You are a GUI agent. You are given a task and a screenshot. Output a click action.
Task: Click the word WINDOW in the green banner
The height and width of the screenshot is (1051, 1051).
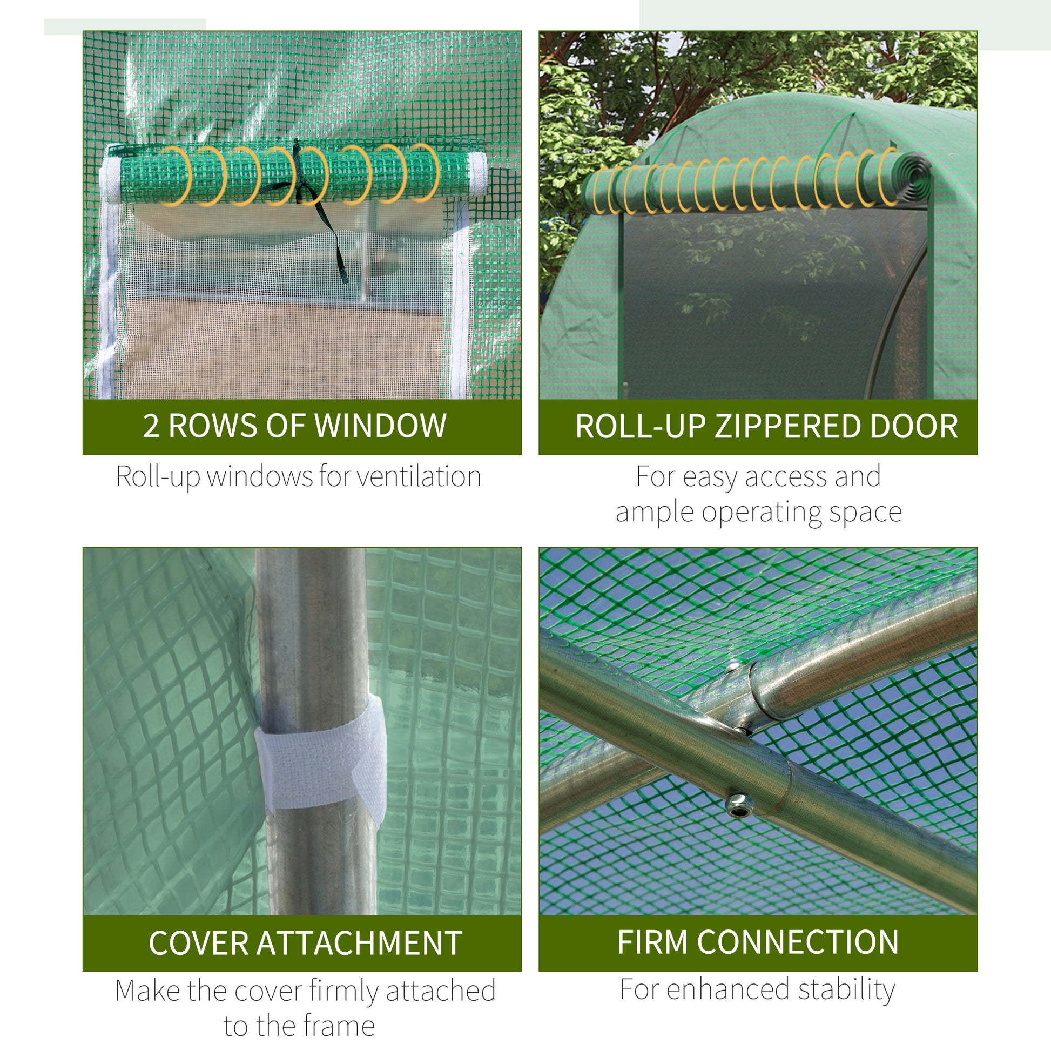click(380, 426)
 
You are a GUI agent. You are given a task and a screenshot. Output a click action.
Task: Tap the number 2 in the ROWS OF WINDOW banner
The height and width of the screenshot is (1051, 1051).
click(151, 426)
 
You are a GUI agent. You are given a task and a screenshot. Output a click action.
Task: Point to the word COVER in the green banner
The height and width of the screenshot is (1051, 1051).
click(199, 944)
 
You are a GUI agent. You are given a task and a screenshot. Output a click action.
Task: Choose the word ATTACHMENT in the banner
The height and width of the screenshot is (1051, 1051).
click(359, 944)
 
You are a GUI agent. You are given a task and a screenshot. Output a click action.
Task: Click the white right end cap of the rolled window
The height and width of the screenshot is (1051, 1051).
click(477, 174)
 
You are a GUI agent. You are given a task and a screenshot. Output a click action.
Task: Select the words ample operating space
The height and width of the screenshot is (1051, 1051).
click(758, 512)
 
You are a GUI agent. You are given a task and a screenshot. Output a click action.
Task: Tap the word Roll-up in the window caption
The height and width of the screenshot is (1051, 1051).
click(158, 476)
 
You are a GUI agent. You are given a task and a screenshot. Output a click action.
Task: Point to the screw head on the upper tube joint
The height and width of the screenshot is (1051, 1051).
click(733, 665)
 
